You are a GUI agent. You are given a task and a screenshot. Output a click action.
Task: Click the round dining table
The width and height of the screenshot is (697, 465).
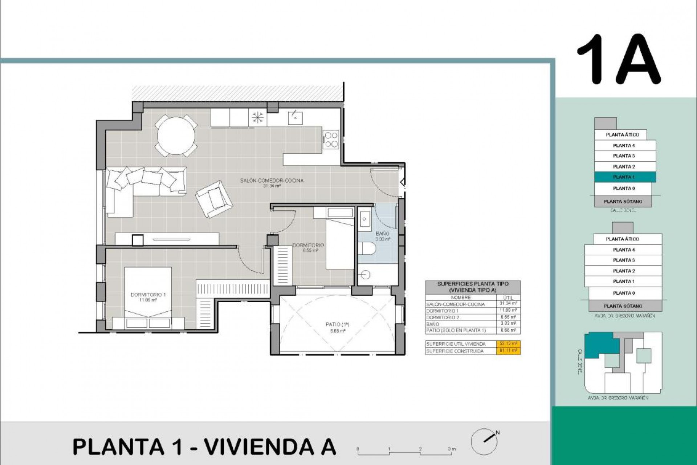tap(176, 135)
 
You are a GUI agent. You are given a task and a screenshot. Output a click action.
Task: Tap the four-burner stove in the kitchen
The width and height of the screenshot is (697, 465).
tap(331, 140)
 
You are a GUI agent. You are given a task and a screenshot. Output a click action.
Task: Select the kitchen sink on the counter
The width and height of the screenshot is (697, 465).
tap(295, 117)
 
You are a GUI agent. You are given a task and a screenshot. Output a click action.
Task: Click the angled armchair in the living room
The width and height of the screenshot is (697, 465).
tap(214, 199)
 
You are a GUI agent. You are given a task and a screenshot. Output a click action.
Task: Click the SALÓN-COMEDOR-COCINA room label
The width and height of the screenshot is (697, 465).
tap(272, 181)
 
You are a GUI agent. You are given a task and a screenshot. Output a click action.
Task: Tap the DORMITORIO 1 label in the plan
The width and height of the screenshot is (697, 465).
tap(148, 295)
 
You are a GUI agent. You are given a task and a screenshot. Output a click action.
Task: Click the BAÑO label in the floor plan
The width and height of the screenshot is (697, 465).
tap(383, 234)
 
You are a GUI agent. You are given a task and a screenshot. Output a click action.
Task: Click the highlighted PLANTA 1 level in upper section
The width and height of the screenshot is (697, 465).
tap(625, 177)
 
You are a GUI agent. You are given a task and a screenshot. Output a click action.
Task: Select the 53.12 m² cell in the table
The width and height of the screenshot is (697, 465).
tap(508, 344)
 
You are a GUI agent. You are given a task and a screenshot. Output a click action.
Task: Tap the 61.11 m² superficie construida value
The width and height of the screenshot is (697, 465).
tap(508, 351)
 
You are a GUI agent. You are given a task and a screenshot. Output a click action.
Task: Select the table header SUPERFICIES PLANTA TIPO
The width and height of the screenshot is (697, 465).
tap(473, 284)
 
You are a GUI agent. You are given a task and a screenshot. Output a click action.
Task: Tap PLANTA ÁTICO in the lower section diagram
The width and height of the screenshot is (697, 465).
tap(622, 239)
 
